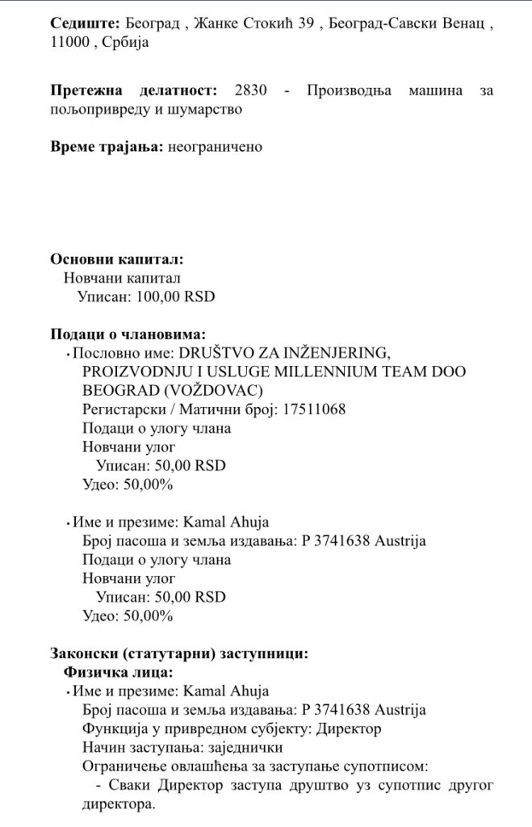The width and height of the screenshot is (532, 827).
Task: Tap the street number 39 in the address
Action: [304, 24]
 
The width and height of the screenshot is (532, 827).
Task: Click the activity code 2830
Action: [248, 90]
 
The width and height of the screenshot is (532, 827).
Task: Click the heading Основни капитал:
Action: [116, 259]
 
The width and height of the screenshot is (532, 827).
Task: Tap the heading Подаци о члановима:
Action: [128, 334]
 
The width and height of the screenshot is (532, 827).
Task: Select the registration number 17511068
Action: [313, 409]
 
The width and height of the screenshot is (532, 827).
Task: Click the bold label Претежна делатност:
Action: [133, 90]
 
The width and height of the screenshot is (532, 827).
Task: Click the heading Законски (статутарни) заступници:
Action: [178, 653]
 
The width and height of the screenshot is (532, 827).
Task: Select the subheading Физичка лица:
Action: [118, 672]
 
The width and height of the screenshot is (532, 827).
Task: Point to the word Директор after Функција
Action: [350, 728]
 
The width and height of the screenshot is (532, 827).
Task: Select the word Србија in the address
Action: [126, 43]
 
